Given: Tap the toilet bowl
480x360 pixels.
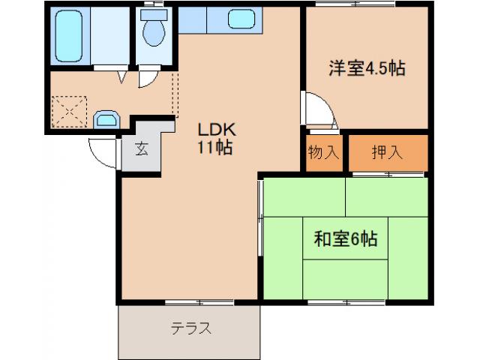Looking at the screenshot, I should click(x=154, y=31).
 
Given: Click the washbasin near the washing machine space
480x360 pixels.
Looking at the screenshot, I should click(x=106, y=119).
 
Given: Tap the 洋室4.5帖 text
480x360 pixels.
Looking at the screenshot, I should click(x=367, y=68).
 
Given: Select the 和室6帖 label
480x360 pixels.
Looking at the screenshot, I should click(x=344, y=239).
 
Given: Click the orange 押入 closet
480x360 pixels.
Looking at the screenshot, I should click(x=388, y=151).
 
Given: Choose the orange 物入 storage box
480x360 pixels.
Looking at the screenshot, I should click(x=324, y=151).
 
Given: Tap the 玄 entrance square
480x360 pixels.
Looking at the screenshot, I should click(x=141, y=148).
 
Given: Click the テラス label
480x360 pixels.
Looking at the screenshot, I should click(x=190, y=328).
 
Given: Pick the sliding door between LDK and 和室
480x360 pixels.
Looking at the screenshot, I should click(x=260, y=217).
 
